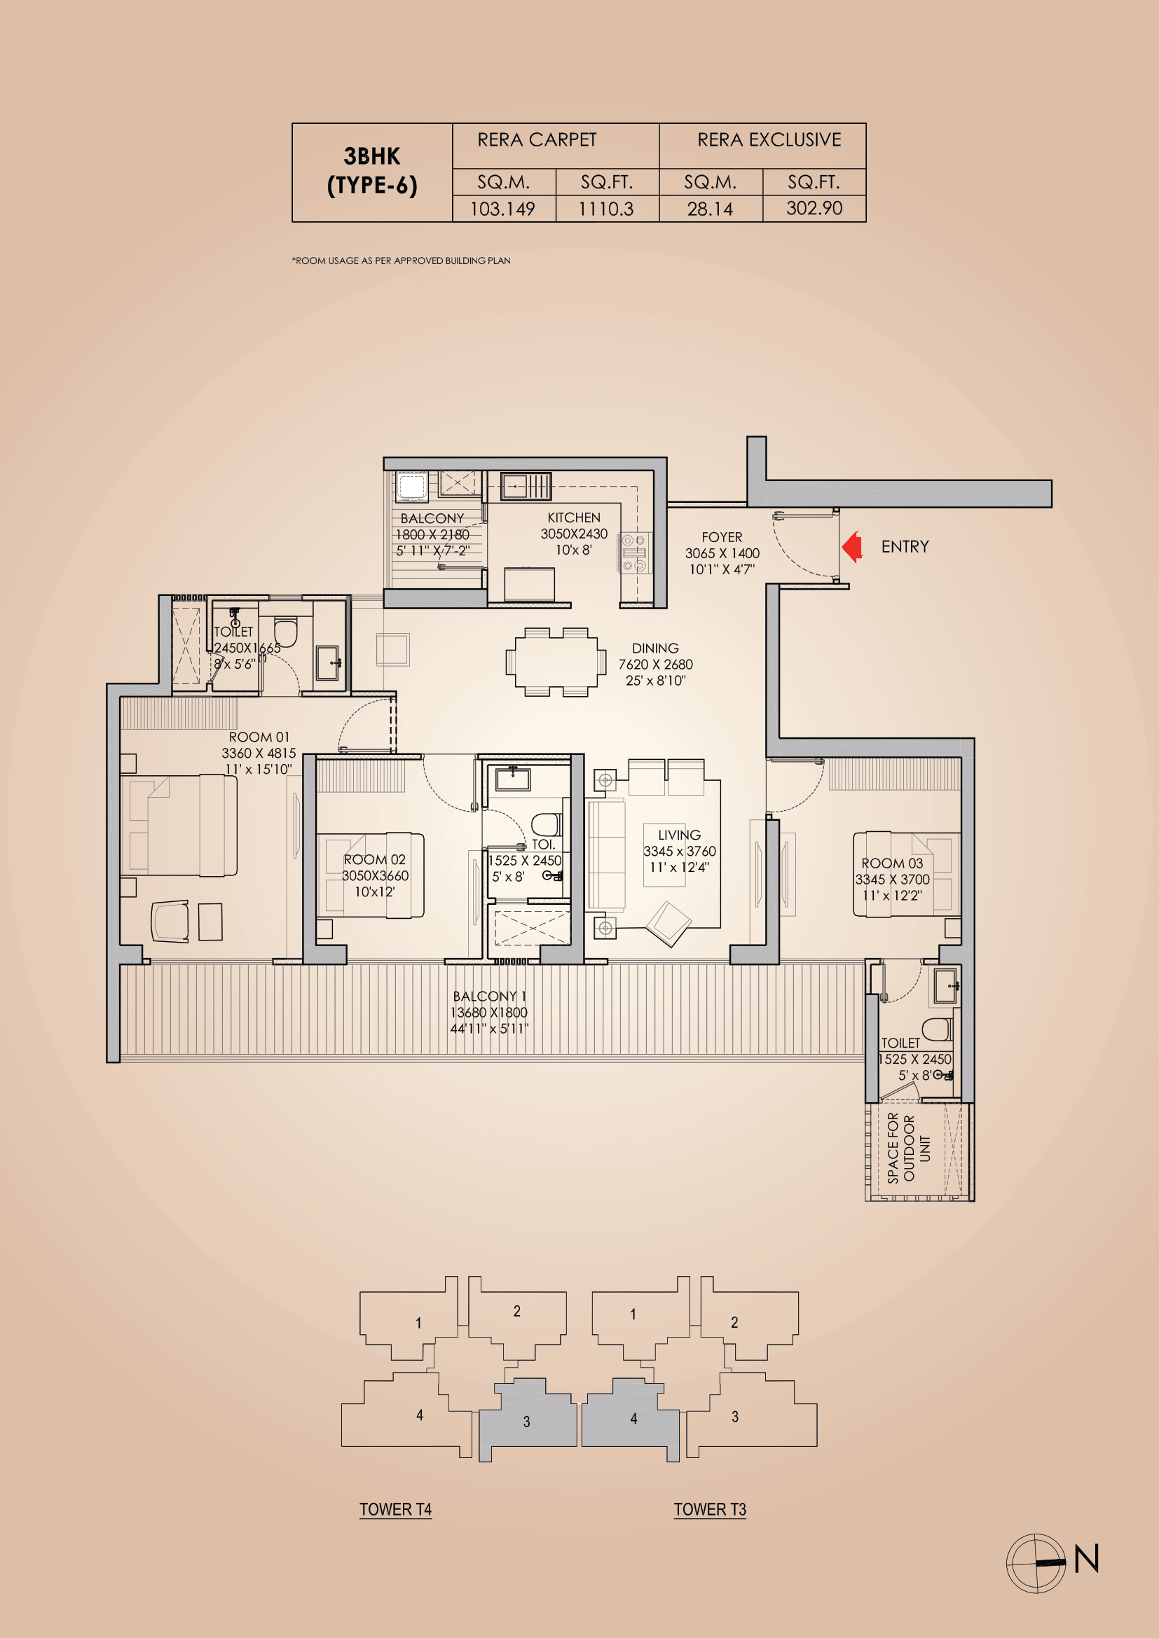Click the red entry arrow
point(853,547)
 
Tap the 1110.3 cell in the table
point(606,209)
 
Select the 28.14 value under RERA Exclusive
point(709,209)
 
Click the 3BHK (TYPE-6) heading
point(372,171)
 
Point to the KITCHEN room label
point(574,518)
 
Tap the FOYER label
point(722,537)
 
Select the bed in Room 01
point(179,825)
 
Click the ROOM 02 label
point(374,860)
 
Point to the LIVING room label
point(679,835)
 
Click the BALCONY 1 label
point(489,996)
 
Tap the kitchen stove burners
point(634,553)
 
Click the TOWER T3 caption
point(709,1510)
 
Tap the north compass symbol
point(1036,1563)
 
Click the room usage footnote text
point(401,261)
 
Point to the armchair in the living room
point(668,922)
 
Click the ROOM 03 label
point(891,863)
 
